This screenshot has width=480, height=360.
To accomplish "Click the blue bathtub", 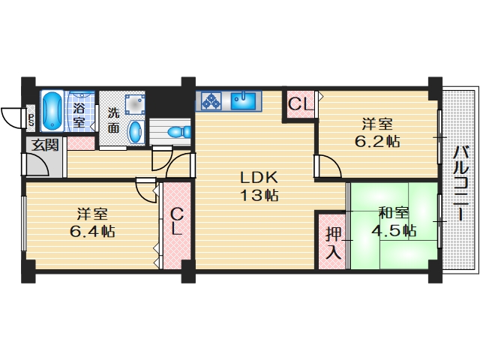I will [52, 110].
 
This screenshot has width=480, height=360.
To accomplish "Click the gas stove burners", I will [209, 100].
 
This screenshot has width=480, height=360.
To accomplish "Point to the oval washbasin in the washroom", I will [136, 132].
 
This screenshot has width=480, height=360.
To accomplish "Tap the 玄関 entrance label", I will [44, 145].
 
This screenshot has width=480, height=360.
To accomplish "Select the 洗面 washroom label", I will [112, 121].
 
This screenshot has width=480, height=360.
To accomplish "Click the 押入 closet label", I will [333, 243].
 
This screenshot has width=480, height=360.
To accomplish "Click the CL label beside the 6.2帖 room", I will [300, 104].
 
